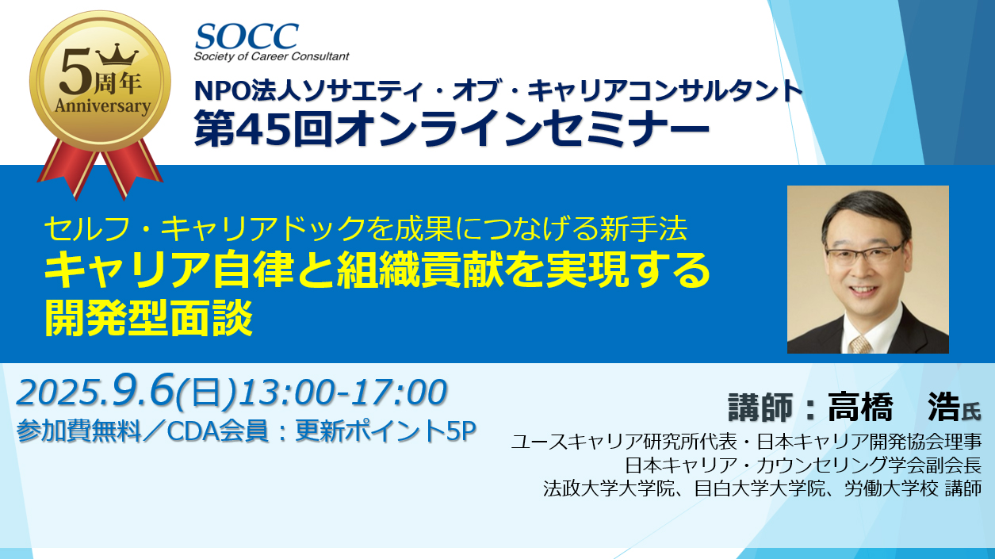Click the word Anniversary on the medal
coord(102,106)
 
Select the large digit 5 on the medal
coord(75,71)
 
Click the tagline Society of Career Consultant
coord(271,56)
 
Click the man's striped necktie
coord(860,344)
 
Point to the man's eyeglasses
coord(864,255)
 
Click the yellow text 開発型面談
coord(148,318)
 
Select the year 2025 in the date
coord(56,392)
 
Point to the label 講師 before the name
coord(760,408)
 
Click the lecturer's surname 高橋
coord(860,408)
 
